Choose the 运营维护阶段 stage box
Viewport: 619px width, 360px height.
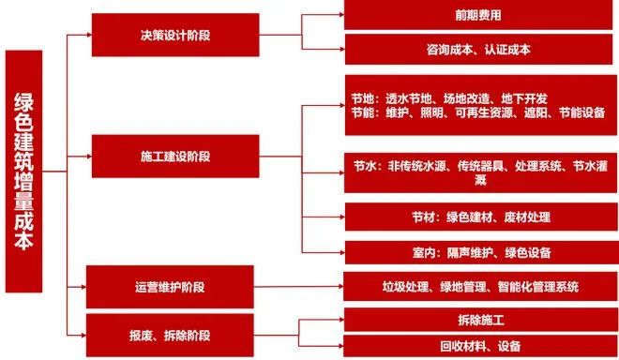click(169, 285)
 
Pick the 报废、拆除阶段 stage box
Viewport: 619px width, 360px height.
click(169, 333)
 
